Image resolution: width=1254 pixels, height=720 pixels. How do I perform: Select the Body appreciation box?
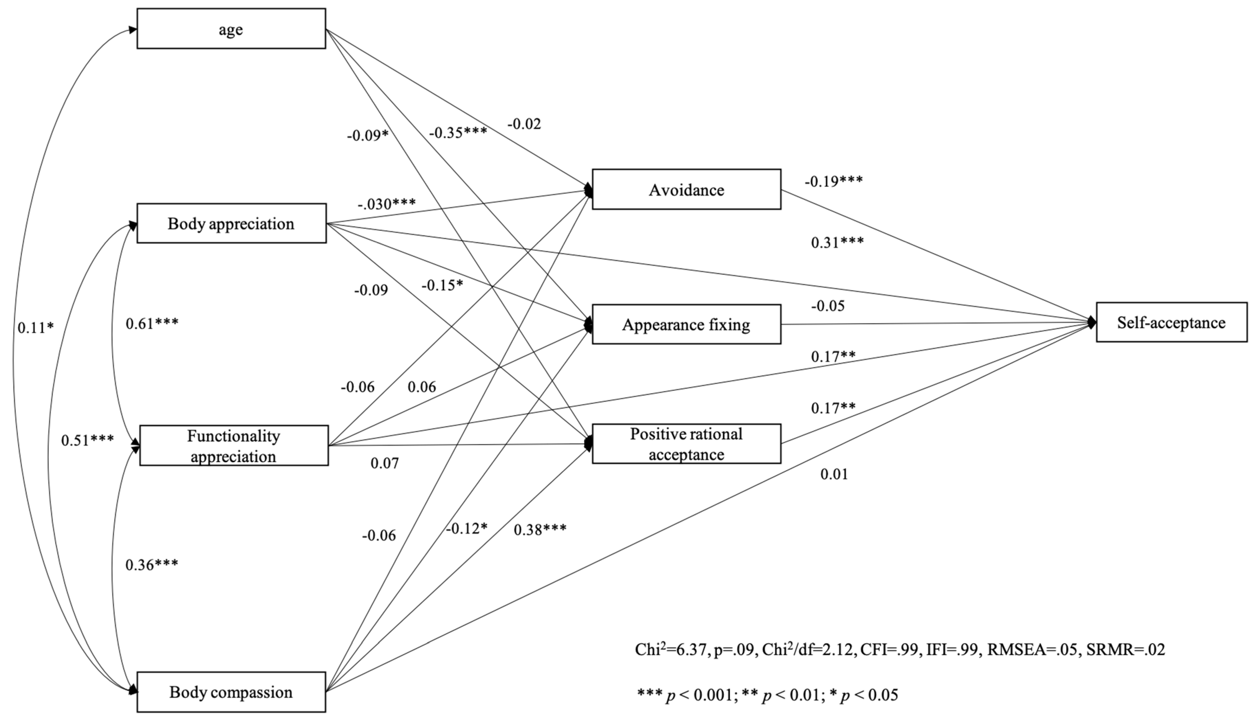click(231, 224)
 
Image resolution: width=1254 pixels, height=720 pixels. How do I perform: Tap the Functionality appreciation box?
click(233, 446)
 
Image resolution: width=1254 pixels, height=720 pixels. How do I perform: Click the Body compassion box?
click(231, 692)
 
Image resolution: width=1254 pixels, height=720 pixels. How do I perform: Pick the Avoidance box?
click(686, 190)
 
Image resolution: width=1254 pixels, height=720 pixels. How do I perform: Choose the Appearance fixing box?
click(686, 324)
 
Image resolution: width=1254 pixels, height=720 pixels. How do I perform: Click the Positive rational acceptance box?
click(686, 444)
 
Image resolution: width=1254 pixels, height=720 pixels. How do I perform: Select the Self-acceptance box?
click(1171, 322)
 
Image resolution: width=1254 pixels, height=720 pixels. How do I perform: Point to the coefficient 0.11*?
click(35, 327)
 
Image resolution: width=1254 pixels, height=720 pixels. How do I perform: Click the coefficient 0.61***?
click(152, 323)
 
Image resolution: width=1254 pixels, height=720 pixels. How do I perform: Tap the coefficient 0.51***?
click(87, 440)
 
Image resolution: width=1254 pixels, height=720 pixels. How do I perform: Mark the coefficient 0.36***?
click(151, 565)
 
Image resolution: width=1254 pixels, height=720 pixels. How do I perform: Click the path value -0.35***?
click(458, 132)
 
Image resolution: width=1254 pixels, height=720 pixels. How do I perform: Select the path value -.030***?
click(386, 203)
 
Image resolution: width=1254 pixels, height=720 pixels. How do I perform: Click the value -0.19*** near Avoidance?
click(833, 181)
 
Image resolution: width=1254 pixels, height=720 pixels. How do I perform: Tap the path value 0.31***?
click(837, 242)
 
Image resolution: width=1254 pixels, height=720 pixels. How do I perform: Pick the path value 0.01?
click(834, 474)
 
